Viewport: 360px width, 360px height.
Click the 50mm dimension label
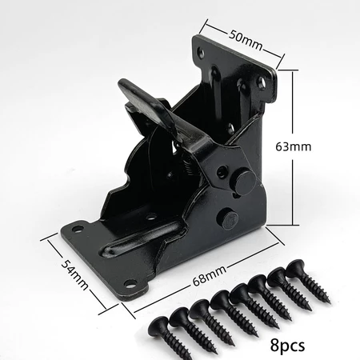click(x=246, y=41)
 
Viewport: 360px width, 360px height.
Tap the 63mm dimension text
click(x=293, y=146)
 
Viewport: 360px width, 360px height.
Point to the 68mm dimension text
click(x=210, y=275)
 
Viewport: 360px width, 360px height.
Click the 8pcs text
click(x=287, y=346)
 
